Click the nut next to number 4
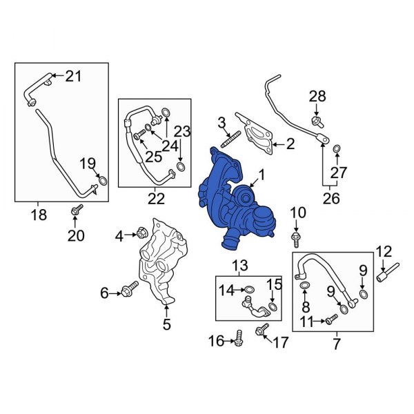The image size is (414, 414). coord(141,235)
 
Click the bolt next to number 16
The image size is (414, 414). coord(239,339)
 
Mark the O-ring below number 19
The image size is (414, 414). coord(102,182)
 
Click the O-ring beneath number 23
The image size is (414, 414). coord(181,166)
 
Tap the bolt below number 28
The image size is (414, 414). coord(317,121)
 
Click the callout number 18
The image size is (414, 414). coord(39,215)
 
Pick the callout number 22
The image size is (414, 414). coord(156,199)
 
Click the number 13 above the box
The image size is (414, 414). coord(239,266)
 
